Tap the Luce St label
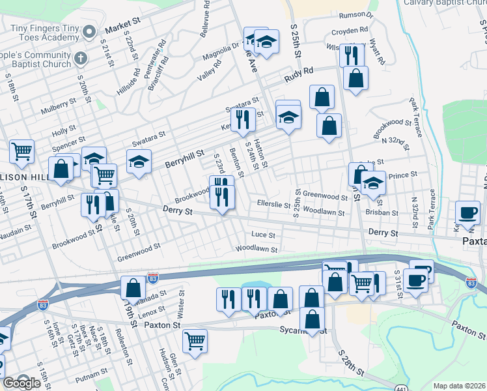pos(263,235)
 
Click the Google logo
pos(22,383)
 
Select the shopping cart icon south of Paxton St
pos(195,341)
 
